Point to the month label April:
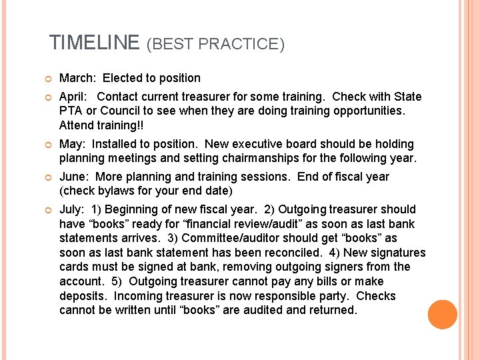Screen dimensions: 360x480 75,97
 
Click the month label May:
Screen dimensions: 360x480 73,144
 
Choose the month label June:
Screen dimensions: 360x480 75,177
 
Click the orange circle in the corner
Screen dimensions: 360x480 443,315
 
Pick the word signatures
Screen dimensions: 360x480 394,253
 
